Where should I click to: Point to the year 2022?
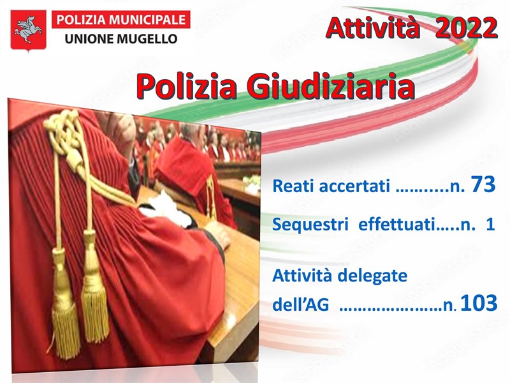(466, 28)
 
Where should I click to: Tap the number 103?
(478, 304)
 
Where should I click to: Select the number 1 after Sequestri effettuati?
(490, 225)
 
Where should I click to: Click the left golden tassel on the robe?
(66, 313)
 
